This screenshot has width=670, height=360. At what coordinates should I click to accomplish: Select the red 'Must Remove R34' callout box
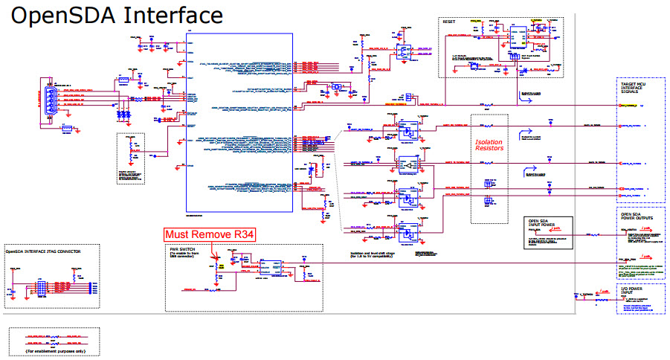(x=210, y=235)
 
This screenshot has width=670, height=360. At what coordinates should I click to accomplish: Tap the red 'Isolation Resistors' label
(x=489, y=144)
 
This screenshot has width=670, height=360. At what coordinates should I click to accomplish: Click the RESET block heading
(x=449, y=22)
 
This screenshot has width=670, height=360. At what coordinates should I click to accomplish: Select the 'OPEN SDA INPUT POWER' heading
(x=544, y=223)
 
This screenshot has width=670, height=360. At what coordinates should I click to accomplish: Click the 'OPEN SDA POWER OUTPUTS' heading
(x=638, y=218)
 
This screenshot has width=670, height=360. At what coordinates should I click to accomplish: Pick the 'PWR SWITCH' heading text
(x=184, y=249)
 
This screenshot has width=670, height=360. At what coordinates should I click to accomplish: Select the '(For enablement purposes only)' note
(x=55, y=349)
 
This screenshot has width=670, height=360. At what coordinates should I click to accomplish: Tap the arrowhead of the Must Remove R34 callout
(x=215, y=260)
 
